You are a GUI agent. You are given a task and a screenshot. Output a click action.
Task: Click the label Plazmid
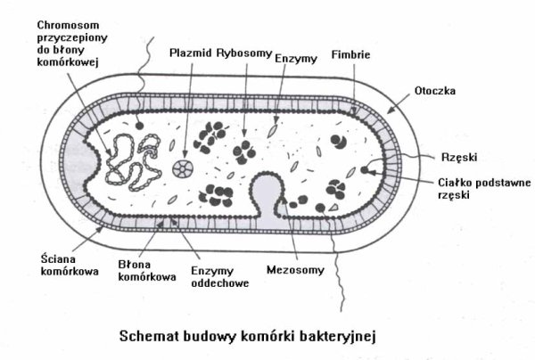click(189, 53)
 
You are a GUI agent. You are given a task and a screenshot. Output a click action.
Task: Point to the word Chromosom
click(67, 24)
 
